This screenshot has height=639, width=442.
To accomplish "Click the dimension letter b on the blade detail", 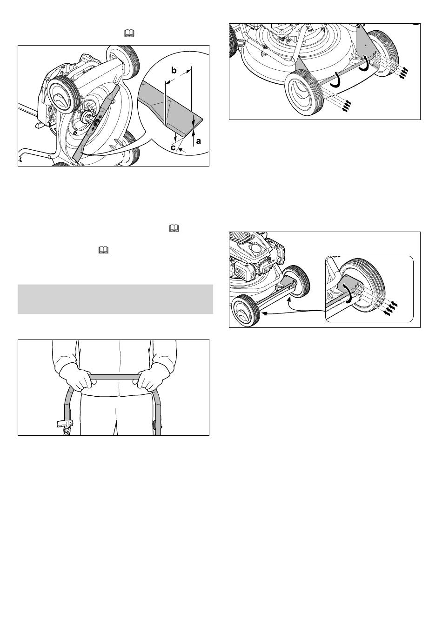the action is click(x=174, y=70).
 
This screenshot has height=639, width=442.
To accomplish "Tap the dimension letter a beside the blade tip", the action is click(x=199, y=141).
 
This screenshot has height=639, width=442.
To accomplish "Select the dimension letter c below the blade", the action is click(x=173, y=148).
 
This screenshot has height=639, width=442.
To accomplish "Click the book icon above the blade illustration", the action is click(x=129, y=33).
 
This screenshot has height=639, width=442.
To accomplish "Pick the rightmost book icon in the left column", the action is click(x=174, y=228).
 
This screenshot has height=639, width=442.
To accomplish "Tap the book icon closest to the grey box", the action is click(x=103, y=251).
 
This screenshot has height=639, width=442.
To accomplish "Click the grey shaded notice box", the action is click(x=115, y=299).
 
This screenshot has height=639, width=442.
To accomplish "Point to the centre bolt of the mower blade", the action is click(x=95, y=123).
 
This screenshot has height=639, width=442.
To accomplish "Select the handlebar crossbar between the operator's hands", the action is click(x=115, y=377).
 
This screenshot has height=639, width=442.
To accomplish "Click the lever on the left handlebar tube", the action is click(x=65, y=424).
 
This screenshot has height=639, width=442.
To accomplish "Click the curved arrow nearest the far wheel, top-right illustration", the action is click(x=364, y=65).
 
